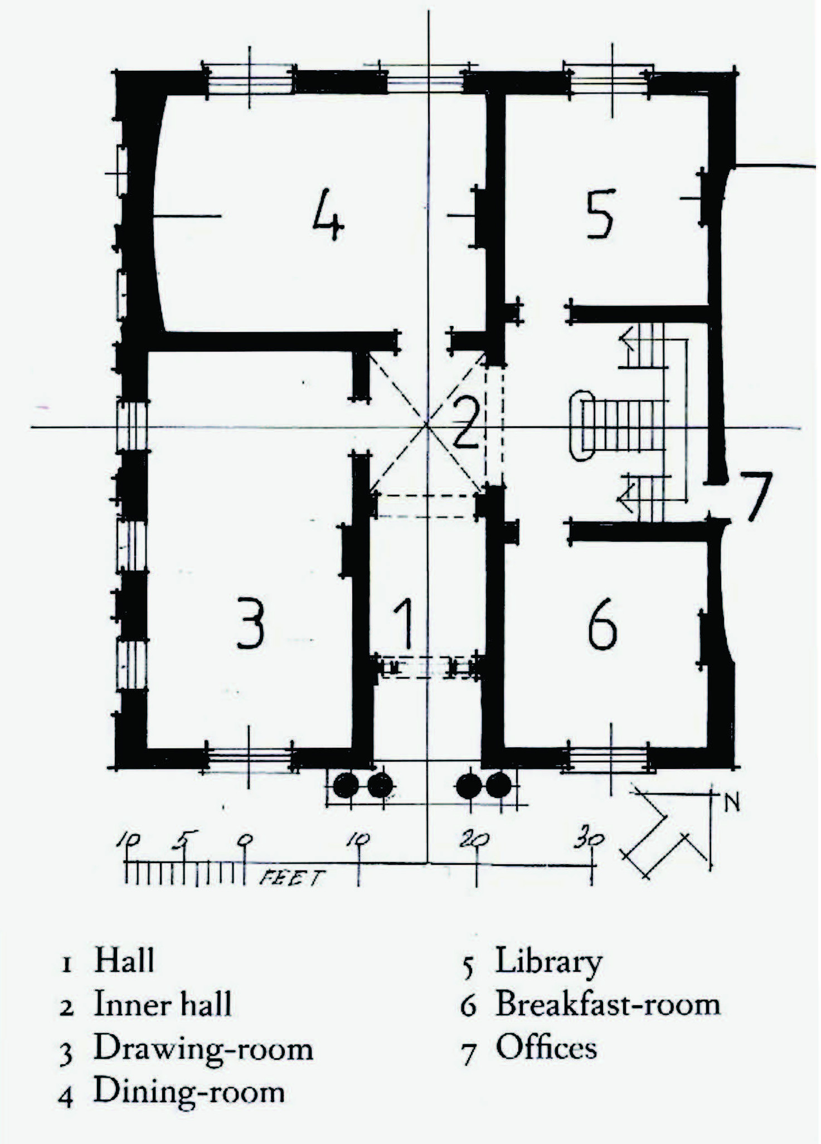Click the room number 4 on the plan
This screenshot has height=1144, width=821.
point(328,215)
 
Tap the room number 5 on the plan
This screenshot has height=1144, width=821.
point(600,213)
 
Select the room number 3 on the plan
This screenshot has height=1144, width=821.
point(250,622)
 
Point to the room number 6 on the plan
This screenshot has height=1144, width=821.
point(603,624)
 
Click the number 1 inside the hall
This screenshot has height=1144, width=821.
point(405,623)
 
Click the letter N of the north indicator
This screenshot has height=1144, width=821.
point(732,803)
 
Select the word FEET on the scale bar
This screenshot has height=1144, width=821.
point(292,879)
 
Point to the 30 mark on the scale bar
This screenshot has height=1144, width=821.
point(589,839)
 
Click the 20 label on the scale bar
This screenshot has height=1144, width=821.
point(474,839)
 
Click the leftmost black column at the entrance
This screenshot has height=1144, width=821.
point(346,785)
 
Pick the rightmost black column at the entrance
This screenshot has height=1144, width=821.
point(498,785)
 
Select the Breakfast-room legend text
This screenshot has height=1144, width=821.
point(608,1004)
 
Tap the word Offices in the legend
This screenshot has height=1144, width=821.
point(546,1046)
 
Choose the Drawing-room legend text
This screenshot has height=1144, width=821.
point(203,1049)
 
